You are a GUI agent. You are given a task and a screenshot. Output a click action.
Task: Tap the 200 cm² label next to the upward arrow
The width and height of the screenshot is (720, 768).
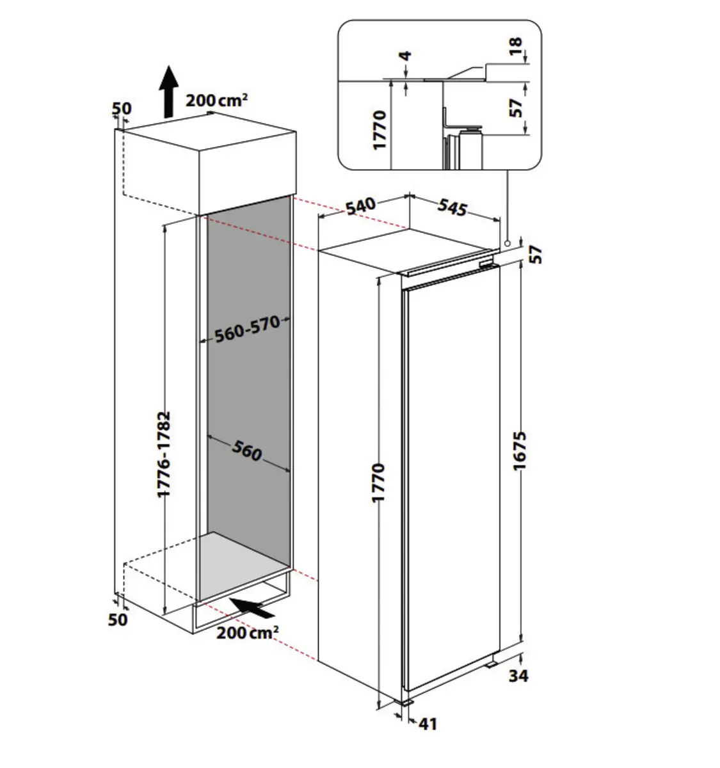(217, 100)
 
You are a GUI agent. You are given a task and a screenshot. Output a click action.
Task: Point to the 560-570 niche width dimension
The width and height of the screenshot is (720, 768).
(247, 329)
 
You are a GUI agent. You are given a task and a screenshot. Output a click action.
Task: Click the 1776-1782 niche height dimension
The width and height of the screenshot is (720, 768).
(164, 454)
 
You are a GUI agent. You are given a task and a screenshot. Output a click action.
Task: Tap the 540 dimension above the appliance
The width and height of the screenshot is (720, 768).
(361, 207)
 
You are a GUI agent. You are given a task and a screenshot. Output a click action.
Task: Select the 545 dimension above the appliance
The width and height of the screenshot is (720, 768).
(452, 207)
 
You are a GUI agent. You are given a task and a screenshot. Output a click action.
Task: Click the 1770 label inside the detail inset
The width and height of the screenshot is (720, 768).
(380, 130)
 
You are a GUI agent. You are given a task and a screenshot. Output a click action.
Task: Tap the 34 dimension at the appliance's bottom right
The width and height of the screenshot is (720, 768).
(518, 675)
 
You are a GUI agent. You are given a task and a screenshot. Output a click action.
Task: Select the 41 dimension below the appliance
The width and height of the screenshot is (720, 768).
(428, 724)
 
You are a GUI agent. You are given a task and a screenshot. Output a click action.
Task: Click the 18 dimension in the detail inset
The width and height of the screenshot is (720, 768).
(517, 46)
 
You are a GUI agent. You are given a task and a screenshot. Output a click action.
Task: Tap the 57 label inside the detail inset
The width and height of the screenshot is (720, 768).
(517, 106)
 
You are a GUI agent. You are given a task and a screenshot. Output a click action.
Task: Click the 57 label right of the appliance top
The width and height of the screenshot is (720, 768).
(536, 254)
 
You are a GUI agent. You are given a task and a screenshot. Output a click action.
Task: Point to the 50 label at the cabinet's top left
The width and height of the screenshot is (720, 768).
(122, 108)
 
